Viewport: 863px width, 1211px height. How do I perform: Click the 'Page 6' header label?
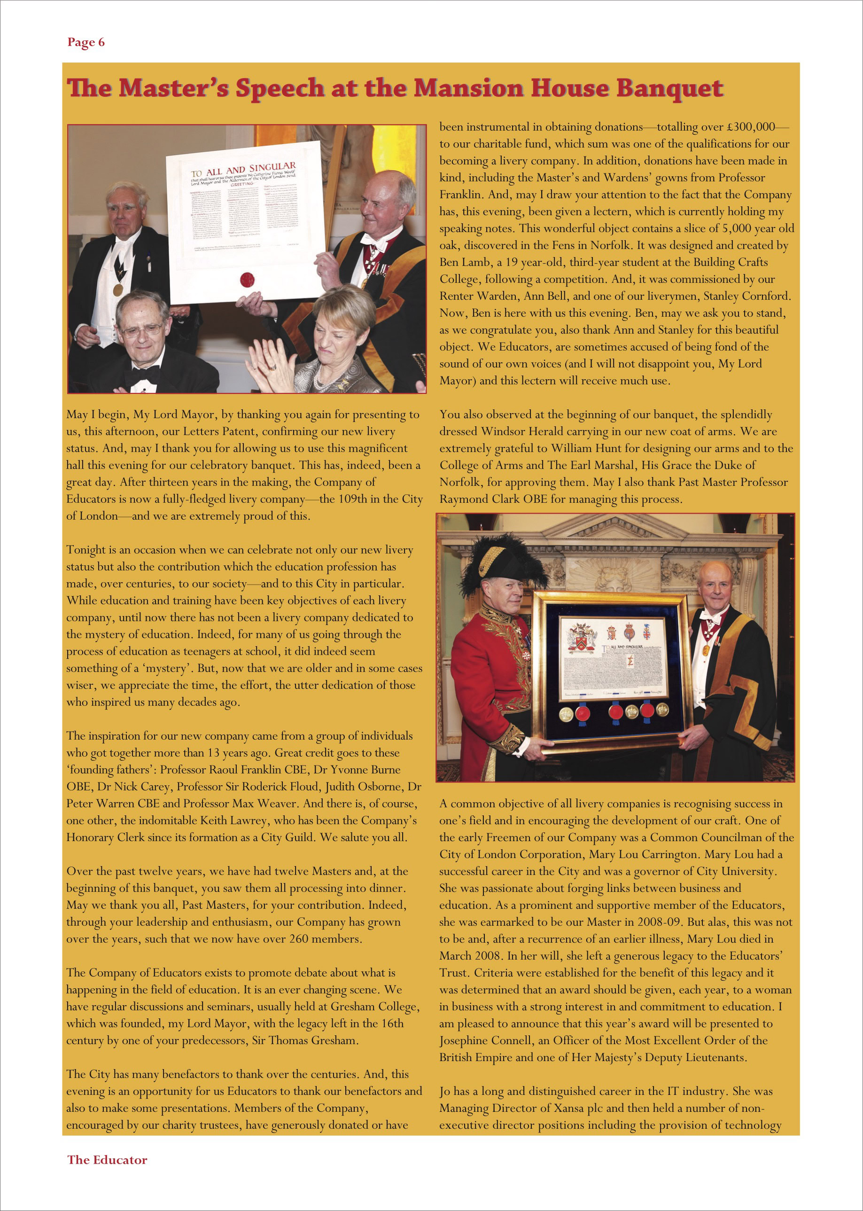86,43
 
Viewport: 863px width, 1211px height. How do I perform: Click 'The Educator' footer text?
107,1159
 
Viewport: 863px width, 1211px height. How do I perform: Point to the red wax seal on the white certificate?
248,279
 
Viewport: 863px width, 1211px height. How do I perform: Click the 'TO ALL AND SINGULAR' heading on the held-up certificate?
243,171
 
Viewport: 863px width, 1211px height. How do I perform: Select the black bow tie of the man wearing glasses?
142,375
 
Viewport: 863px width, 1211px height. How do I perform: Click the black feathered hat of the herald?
504,563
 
